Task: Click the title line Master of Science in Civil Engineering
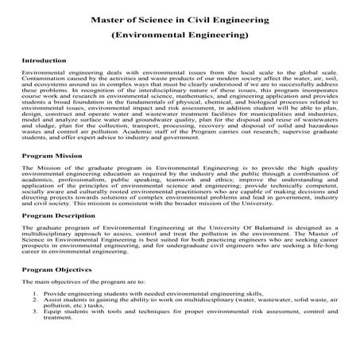coord(179,18)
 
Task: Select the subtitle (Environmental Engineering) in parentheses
coord(179,36)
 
